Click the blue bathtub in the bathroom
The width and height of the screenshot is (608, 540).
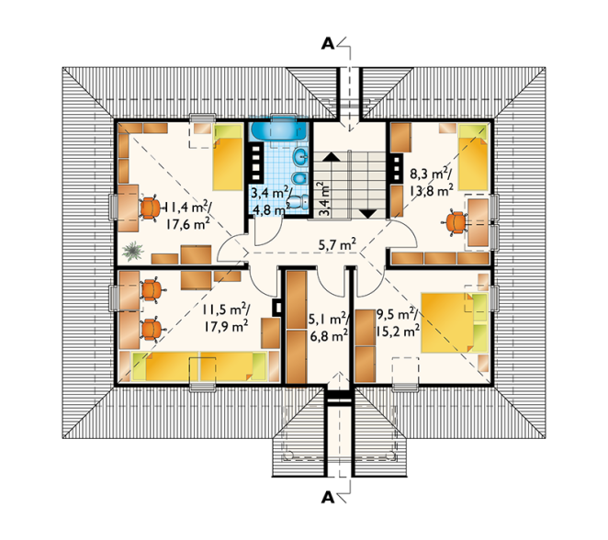click(x=278, y=129)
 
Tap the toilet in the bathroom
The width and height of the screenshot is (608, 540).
click(x=299, y=201)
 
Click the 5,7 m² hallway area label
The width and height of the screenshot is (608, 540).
click(x=337, y=244)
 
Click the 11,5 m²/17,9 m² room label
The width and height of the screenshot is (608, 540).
click(x=226, y=318)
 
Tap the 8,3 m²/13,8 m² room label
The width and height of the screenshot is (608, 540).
click(x=431, y=182)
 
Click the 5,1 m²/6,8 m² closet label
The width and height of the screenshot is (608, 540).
click(x=329, y=328)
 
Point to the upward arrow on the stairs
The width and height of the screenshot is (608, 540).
click(x=331, y=157)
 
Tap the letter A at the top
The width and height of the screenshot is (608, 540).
click(x=328, y=44)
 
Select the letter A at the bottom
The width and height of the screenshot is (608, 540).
click(x=328, y=498)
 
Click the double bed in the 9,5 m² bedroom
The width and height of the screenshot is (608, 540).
click(x=454, y=322)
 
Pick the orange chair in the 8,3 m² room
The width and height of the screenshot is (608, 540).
click(x=455, y=223)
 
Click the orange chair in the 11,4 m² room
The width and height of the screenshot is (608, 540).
click(x=151, y=208)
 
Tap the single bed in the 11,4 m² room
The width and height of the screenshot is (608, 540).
click(x=228, y=157)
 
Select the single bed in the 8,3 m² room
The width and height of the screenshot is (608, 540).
click(x=473, y=157)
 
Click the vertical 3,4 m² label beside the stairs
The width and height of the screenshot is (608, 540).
click(x=324, y=199)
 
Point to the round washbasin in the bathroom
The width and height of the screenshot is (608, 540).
click(x=301, y=157)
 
